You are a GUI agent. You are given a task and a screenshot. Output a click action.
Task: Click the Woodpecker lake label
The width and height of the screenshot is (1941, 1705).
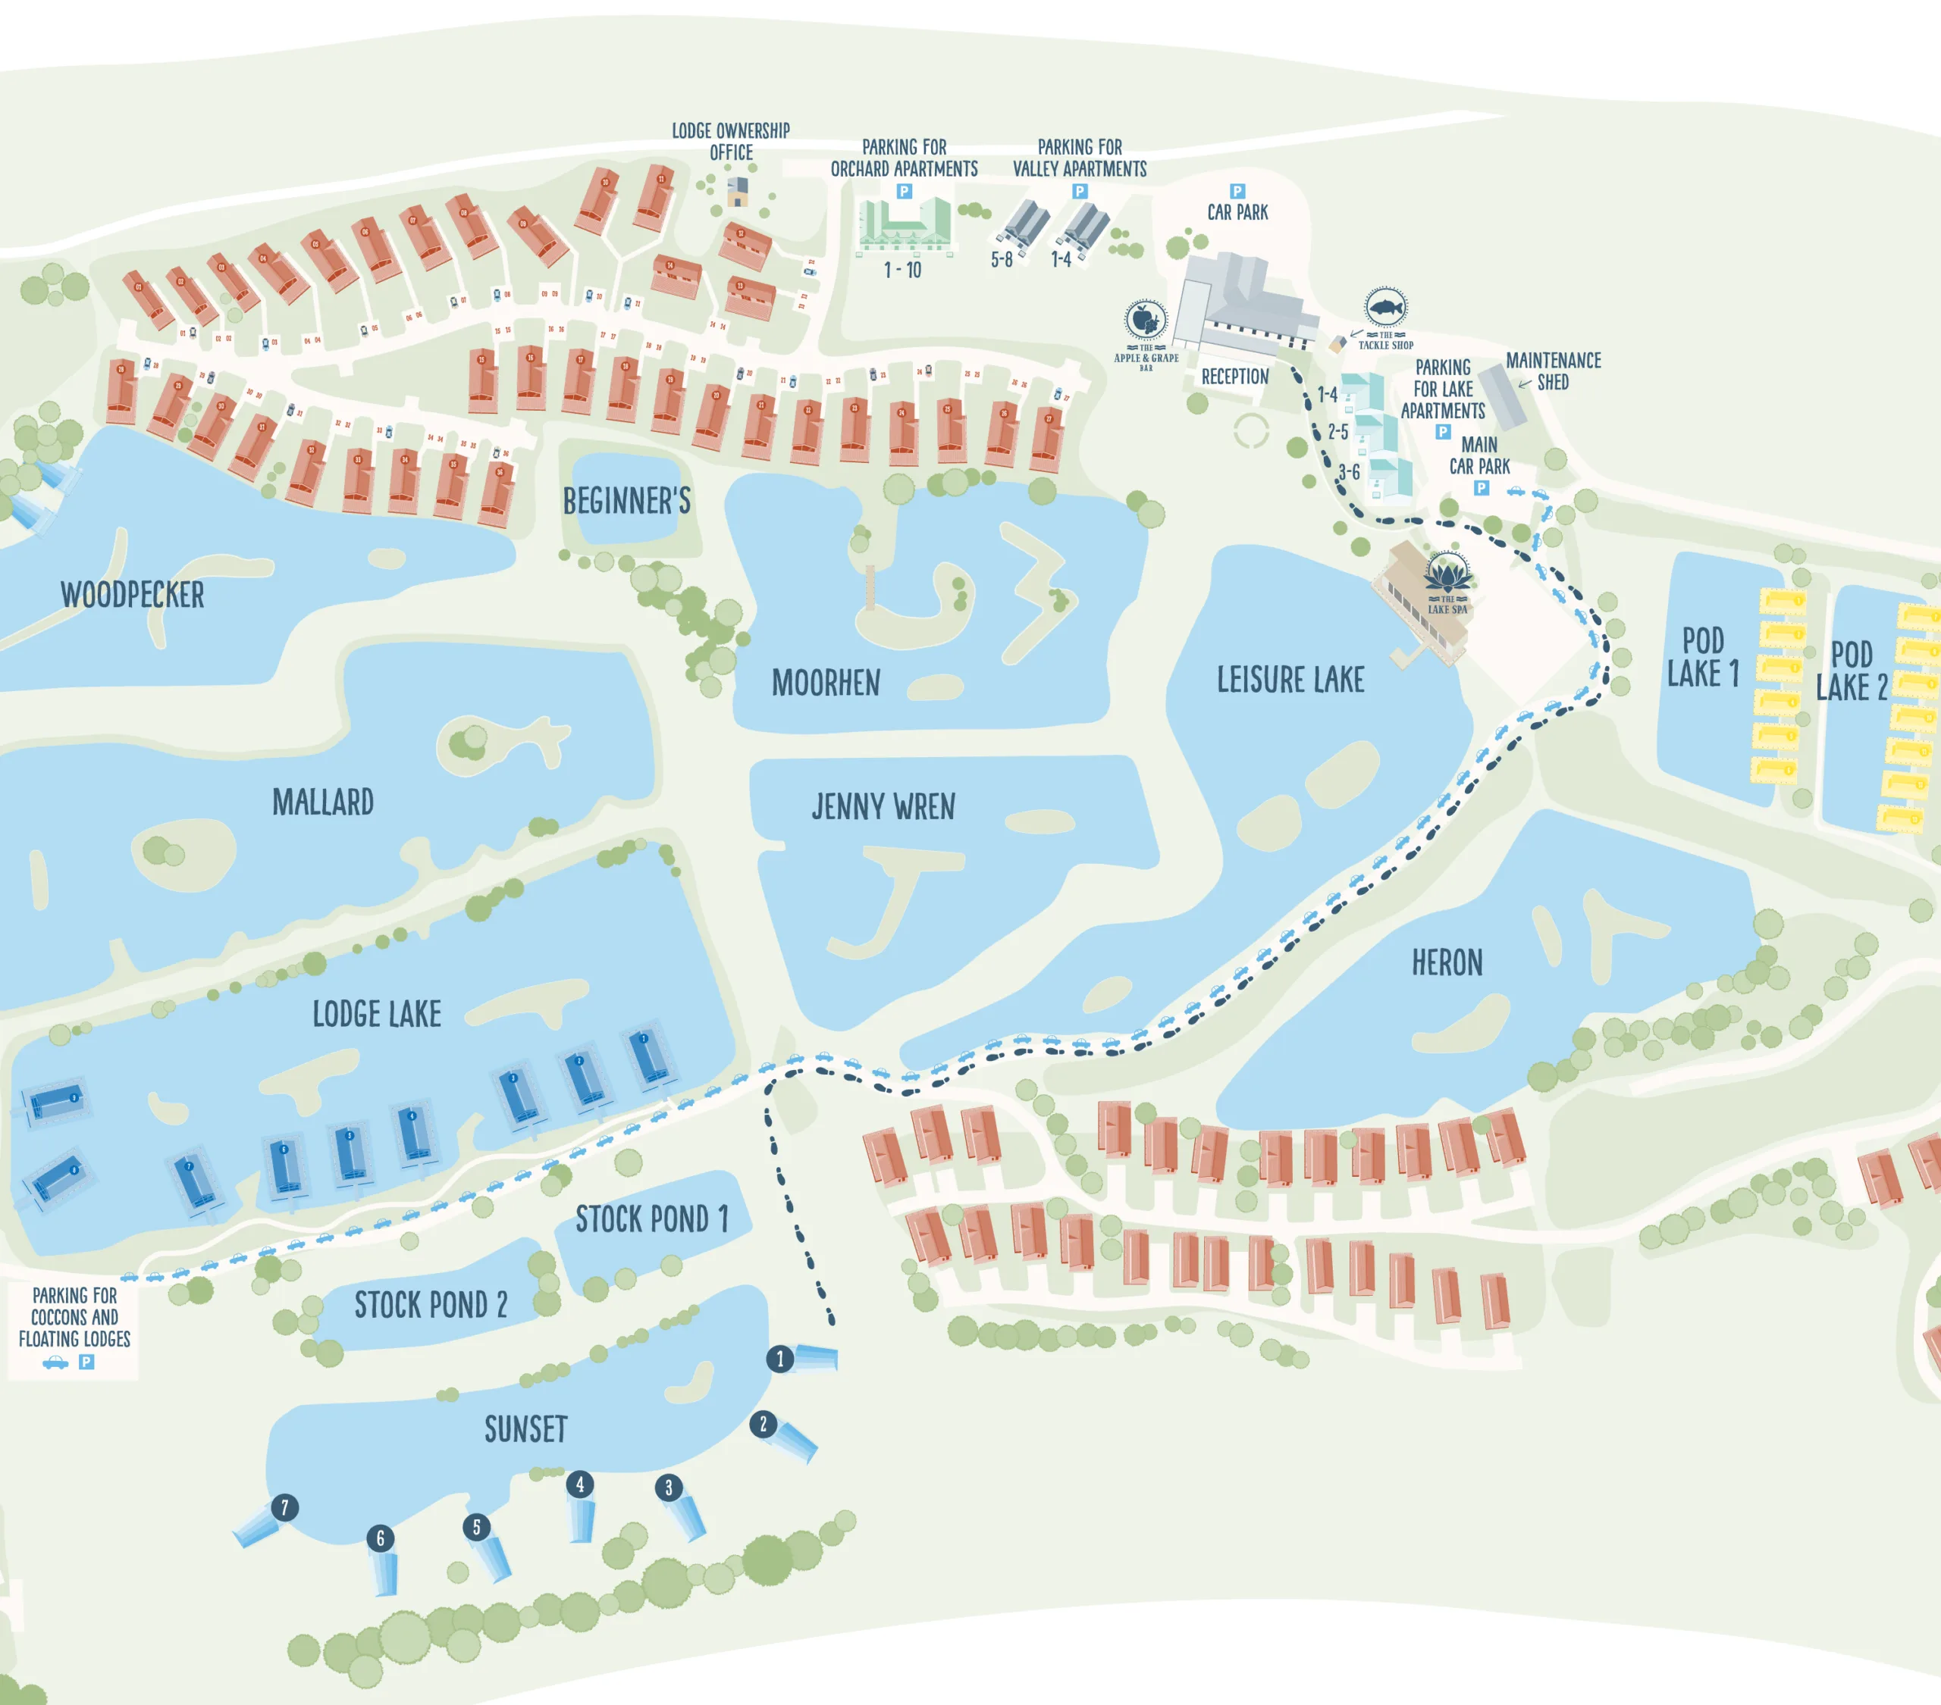132,595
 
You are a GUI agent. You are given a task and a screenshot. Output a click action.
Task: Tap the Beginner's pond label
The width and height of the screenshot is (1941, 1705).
627,501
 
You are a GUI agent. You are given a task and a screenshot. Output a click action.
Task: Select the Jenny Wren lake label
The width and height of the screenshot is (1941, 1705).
883,807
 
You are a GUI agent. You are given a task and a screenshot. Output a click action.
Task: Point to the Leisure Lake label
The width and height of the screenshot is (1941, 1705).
1290,680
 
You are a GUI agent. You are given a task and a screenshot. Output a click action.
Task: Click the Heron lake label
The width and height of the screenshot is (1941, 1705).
1446,962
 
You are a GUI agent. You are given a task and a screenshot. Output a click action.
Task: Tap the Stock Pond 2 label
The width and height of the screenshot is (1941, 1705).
431,1306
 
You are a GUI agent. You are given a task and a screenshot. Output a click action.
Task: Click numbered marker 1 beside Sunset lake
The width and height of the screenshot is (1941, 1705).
779,1359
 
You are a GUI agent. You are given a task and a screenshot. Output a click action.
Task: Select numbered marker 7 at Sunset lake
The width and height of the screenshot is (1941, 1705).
284,1506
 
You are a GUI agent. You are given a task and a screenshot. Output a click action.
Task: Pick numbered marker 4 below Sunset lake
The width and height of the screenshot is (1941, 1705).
580,1484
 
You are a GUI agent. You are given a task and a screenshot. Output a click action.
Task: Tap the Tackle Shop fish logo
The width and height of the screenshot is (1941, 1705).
1385,307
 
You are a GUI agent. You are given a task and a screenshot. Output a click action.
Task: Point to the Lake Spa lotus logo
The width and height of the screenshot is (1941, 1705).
1447,574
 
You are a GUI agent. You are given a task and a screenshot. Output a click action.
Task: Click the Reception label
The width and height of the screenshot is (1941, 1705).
1234,377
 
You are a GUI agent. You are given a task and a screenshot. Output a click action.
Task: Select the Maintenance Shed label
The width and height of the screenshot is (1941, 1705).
1553,371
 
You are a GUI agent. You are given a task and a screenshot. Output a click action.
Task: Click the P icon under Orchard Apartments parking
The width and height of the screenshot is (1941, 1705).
904,192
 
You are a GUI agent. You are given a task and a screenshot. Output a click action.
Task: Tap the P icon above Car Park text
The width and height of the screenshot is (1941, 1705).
1237,192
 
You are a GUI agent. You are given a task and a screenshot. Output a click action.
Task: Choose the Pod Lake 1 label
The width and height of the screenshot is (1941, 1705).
1704,657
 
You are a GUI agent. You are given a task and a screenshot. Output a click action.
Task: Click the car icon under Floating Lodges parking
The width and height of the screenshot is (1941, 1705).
56,1362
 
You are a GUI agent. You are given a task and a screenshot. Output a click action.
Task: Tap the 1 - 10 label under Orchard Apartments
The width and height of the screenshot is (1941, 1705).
902,271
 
